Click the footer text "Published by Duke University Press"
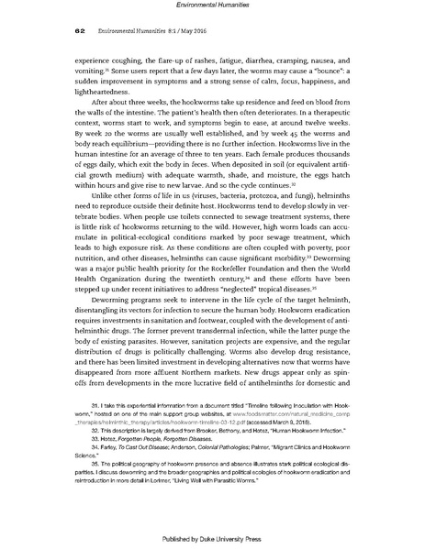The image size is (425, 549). point(212,538)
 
